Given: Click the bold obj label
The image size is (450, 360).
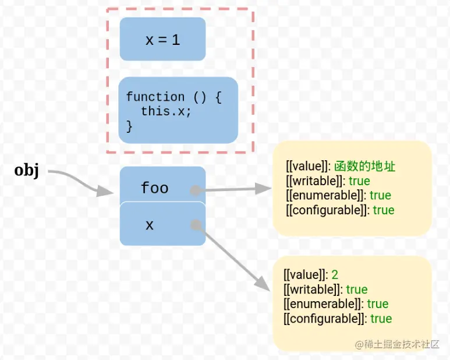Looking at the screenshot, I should click(x=27, y=171).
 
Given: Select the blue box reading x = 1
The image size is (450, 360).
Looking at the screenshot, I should click(x=162, y=39).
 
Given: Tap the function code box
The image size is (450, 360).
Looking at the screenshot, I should click(x=178, y=111).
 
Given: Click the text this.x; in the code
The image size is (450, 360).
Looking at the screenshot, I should click(x=166, y=111).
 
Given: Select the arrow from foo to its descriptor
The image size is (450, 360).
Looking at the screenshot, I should click(x=233, y=189).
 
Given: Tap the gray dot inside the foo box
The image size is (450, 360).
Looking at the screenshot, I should click(x=196, y=190).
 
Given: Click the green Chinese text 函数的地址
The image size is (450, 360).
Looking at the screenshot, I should click(x=365, y=167).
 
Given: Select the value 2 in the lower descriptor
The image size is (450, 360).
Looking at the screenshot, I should click(x=335, y=274).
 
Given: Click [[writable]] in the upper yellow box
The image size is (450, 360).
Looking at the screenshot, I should click(x=316, y=181).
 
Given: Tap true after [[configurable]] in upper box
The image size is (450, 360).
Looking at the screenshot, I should click(x=384, y=210).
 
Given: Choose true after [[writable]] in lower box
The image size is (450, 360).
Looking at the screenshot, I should click(x=357, y=290).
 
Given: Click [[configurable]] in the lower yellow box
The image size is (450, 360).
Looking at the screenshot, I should click(x=324, y=319).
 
